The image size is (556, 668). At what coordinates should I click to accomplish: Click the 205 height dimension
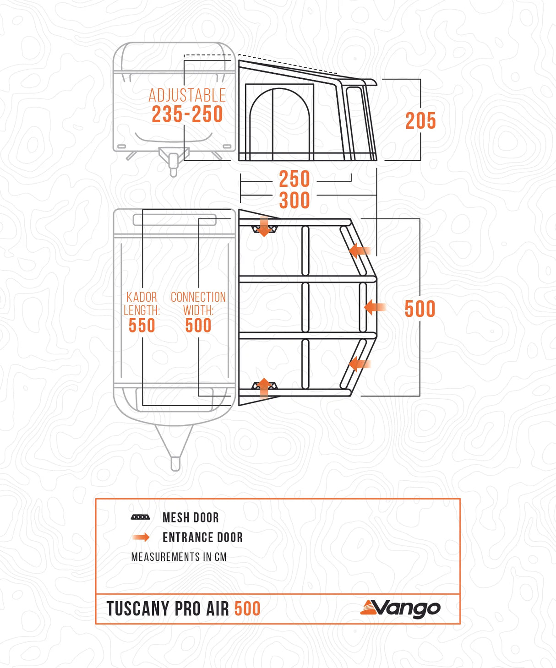420,120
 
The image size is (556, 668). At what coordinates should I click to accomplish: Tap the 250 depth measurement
294,179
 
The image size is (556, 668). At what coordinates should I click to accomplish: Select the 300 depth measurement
294,200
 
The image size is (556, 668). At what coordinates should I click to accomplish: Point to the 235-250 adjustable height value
187,114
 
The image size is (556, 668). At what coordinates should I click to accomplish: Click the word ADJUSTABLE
187,95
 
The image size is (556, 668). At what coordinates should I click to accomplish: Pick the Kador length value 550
142,326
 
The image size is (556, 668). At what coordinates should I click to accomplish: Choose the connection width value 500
198,326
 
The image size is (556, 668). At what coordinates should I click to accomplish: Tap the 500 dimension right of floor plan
420,309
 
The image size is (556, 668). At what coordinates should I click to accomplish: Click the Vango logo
400,609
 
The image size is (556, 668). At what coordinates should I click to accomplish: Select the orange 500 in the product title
247,608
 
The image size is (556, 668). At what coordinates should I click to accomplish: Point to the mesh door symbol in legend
140,517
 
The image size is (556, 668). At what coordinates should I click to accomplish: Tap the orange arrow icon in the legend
141,537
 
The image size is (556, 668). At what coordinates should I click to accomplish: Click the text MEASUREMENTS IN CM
179,557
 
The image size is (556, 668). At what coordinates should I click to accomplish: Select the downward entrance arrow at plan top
264,226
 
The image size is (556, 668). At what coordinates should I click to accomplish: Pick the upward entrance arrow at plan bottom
264,388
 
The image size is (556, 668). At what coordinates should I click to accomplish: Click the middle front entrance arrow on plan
375,307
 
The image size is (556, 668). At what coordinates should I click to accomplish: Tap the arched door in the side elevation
279,124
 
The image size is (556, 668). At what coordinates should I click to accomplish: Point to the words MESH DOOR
191,518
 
